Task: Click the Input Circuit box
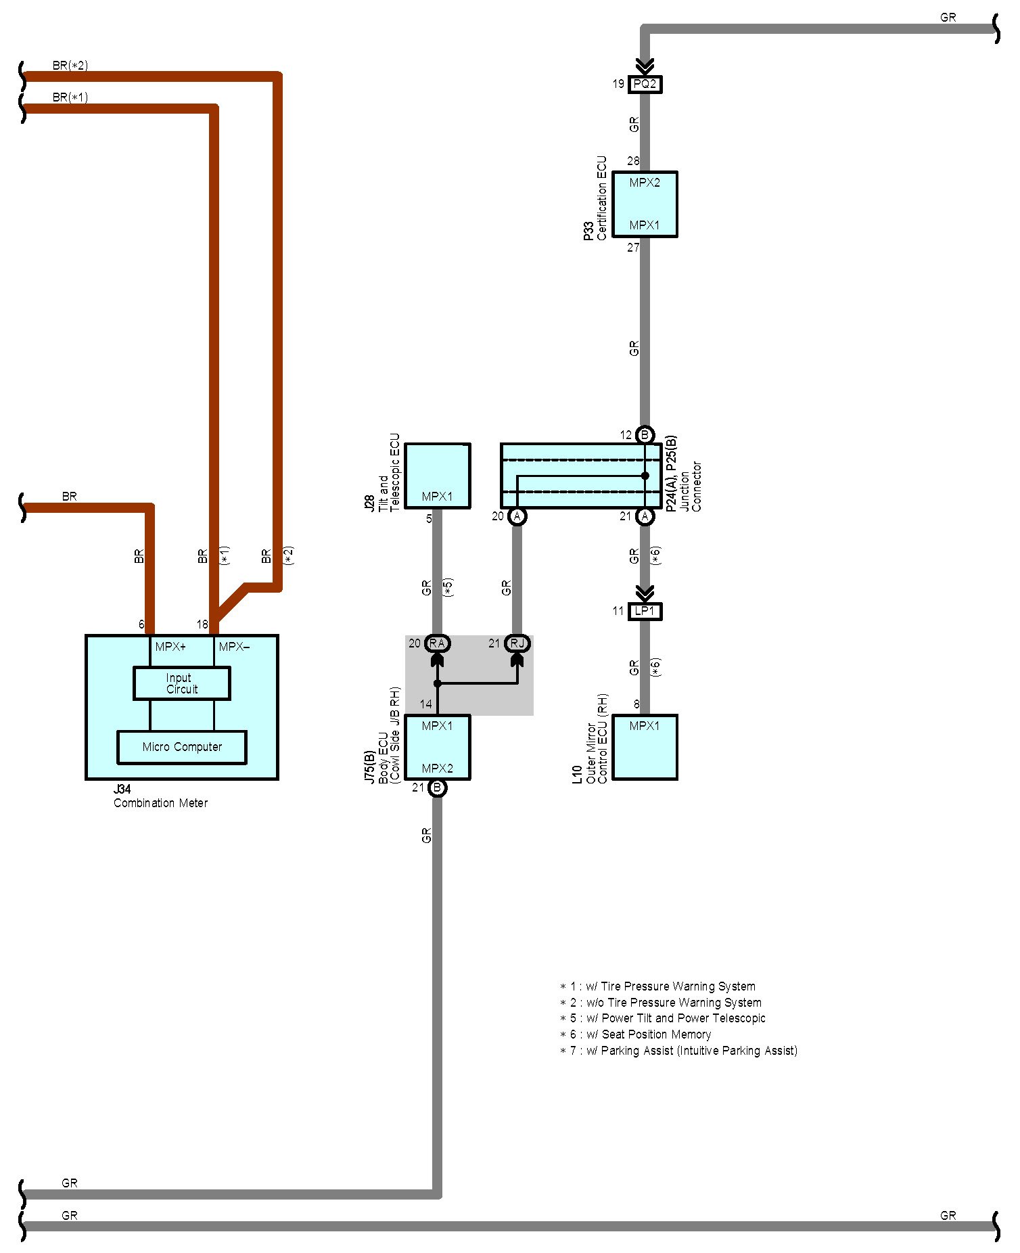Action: point(181,683)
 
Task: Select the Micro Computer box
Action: point(181,747)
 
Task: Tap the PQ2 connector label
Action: point(645,85)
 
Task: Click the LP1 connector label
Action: point(645,611)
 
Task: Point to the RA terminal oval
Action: point(437,643)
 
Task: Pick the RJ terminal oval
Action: point(517,643)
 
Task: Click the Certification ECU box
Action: point(645,204)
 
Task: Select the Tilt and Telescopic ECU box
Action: point(437,476)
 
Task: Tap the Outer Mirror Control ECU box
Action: point(645,747)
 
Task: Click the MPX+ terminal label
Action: point(170,647)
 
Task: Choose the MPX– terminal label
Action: point(234,647)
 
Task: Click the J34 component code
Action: point(122,790)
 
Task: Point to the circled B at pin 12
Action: point(645,435)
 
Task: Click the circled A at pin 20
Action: point(517,516)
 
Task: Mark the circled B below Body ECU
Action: point(438,788)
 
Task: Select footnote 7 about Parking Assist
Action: point(679,1051)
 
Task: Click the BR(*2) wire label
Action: point(70,66)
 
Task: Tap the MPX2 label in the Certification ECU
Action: point(645,183)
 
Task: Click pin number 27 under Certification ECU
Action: point(633,248)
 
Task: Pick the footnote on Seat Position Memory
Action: point(636,1034)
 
